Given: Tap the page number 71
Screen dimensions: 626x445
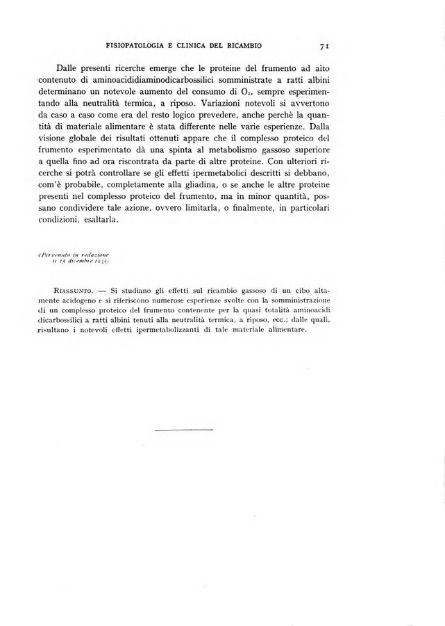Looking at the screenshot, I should [x=323, y=47].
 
